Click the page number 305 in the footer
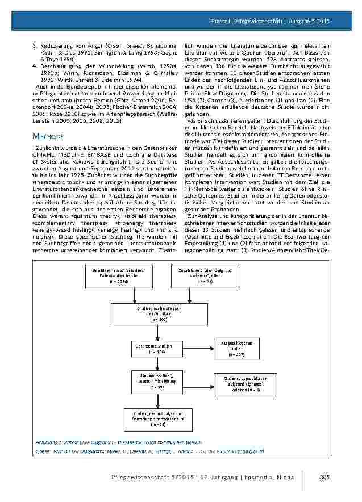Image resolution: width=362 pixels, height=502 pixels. click(325, 476)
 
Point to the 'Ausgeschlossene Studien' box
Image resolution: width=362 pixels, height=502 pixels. click(236, 349)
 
